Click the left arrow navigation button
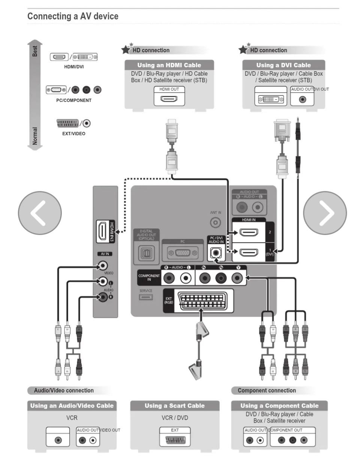(x=40, y=213)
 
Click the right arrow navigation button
(x=325, y=213)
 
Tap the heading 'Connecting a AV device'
(x=73, y=16)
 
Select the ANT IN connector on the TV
(x=215, y=223)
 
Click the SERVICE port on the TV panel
(x=146, y=297)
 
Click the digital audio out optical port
(x=146, y=253)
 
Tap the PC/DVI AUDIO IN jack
(x=216, y=253)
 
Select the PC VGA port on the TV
(x=183, y=253)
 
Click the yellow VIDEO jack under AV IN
(x=102, y=266)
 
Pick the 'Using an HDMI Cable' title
(x=169, y=65)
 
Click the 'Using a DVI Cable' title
(x=283, y=65)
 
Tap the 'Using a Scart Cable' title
(x=175, y=406)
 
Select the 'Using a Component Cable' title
(x=279, y=406)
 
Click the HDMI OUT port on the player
(x=169, y=99)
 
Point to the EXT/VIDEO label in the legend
(x=73, y=133)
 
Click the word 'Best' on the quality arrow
(x=35, y=51)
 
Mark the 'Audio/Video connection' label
(x=64, y=391)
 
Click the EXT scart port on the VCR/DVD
(x=175, y=440)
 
